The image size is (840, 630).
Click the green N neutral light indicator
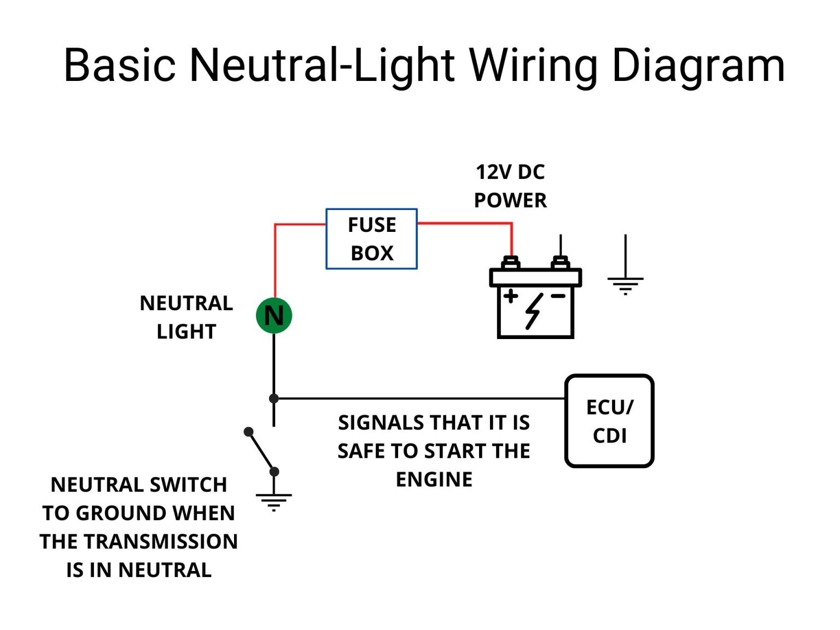pyautogui.click(x=274, y=316)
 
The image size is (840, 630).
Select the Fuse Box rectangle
pyautogui.click(x=371, y=239)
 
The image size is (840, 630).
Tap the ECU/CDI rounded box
pyautogui.click(x=609, y=421)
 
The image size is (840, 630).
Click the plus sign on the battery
pyautogui.click(x=511, y=296)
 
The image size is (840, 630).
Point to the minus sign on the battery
pyautogui.click(x=558, y=296)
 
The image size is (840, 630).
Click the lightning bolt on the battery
pyautogui.click(x=534, y=311)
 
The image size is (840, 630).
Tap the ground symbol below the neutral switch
pyautogui.click(x=274, y=500)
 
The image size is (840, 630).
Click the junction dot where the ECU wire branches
pyautogui.click(x=274, y=399)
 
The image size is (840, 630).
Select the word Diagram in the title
pyautogui.click(x=698, y=66)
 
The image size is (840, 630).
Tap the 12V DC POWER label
pyautogui.click(x=510, y=186)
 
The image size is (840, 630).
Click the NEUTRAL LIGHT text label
pyautogui.click(x=186, y=317)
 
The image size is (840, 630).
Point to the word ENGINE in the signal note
pyautogui.click(x=434, y=480)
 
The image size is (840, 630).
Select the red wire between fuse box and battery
pyautogui.click(x=465, y=223)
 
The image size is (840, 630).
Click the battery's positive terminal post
pyautogui.click(x=511, y=262)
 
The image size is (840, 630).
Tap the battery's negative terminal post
pyautogui.click(x=560, y=262)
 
